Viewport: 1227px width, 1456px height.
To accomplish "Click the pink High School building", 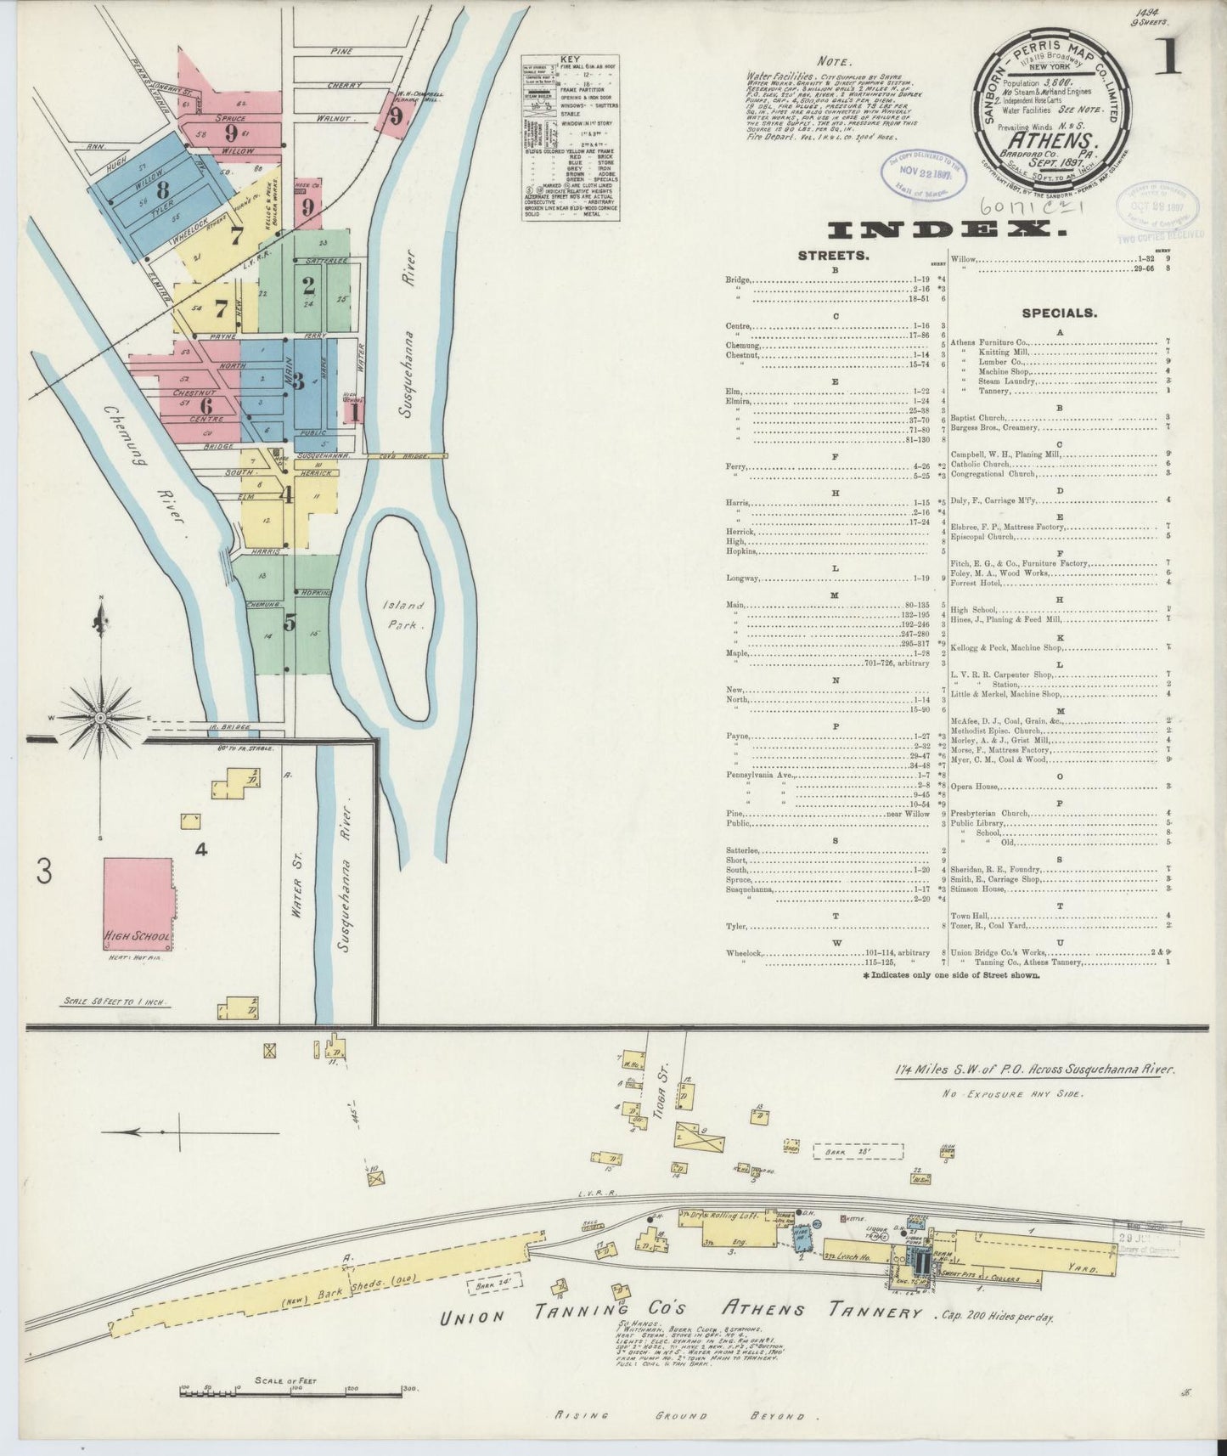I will tap(138, 903).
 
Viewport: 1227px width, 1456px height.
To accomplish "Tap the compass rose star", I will tap(101, 718).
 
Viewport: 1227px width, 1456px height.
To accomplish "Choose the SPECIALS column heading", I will tap(1059, 313).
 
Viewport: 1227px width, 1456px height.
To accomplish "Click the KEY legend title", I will tap(570, 59).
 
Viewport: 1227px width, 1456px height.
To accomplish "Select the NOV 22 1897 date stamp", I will tap(921, 176).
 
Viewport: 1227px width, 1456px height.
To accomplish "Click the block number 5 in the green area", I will tap(290, 623).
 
